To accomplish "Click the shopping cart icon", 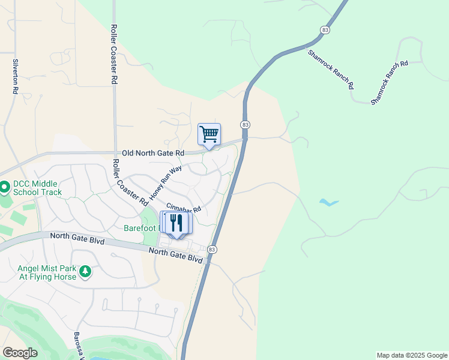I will click(209, 134).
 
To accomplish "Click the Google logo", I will click(20, 353).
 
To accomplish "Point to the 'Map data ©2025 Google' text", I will click(411, 355).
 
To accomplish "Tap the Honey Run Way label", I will click(166, 182).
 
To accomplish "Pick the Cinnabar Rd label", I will click(183, 211).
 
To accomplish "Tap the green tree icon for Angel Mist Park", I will click(85, 272).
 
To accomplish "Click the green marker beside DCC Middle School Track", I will click(4, 188).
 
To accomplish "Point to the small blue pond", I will click(329, 203).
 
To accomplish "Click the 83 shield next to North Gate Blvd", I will click(211, 249).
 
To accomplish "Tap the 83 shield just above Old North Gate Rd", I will click(245, 124).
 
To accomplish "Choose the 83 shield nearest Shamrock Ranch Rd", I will click(325, 29).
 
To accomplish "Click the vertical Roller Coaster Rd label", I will click(113, 54).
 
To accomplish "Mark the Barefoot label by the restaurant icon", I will click(142, 228).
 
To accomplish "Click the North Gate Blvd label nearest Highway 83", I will click(176, 255).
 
